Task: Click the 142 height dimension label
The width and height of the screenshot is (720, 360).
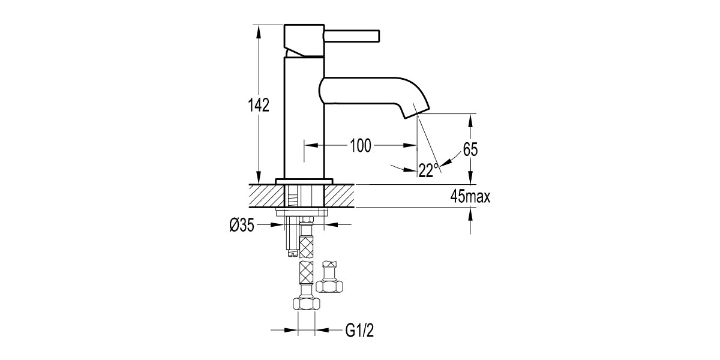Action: tap(259, 105)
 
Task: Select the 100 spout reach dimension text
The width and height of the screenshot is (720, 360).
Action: tap(361, 145)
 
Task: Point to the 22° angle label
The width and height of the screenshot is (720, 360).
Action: tap(427, 170)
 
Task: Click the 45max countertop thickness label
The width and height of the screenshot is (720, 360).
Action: tap(470, 196)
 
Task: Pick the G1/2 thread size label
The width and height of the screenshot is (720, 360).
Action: tap(359, 330)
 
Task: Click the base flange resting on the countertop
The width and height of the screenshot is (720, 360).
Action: tap(304, 181)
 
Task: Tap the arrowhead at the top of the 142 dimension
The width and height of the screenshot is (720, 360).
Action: tap(259, 30)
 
